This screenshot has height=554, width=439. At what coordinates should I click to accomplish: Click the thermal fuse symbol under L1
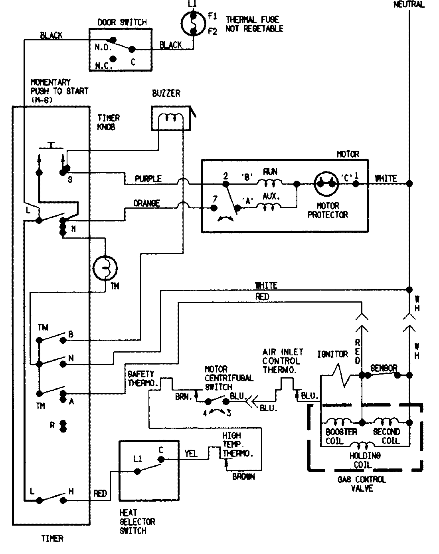(193, 24)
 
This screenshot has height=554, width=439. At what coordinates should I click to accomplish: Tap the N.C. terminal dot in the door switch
(113, 59)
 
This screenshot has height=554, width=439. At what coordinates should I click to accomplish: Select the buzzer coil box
(171, 119)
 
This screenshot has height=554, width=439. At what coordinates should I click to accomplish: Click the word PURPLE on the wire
(148, 179)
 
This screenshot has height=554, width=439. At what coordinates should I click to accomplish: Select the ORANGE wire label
(146, 203)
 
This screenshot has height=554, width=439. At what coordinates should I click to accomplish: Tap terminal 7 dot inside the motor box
(214, 207)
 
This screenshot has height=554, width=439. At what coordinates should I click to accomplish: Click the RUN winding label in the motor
(270, 172)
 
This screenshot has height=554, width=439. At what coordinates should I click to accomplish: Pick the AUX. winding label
(271, 196)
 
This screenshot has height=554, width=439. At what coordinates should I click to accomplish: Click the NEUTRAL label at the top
(409, 5)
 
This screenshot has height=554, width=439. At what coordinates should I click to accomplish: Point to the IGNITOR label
(332, 354)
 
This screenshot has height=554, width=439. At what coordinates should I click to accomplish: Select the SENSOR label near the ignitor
(384, 368)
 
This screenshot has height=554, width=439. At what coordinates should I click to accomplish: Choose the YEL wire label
(191, 454)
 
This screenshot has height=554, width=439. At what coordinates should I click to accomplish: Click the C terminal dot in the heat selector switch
(161, 459)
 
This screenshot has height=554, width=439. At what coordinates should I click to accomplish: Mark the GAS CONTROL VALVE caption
(362, 484)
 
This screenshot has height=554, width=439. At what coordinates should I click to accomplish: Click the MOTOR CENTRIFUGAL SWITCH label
(229, 378)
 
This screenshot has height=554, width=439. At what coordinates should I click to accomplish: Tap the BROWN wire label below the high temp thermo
(243, 477)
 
